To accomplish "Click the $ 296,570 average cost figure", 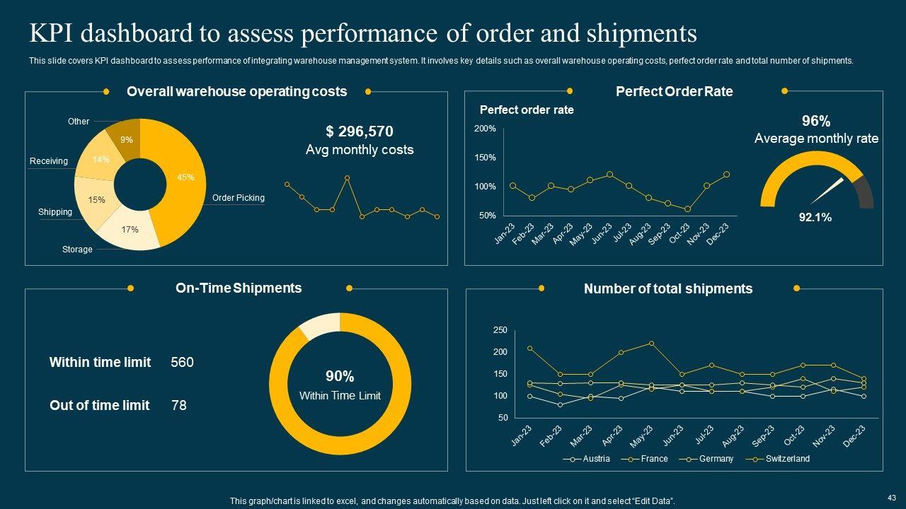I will (359, 131).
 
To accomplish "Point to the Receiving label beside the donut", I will (49, 161).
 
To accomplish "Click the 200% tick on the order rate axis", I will (485, 129).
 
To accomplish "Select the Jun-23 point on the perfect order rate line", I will (609, 174).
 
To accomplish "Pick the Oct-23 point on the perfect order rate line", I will (687, 209).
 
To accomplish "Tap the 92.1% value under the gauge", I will (815, 218).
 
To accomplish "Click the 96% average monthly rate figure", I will (815, 121).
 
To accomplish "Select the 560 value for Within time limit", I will (182, 363).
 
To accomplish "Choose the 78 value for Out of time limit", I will (179, 406).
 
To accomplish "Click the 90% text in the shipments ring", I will (340, 377).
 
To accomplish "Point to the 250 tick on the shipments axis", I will (500, 330).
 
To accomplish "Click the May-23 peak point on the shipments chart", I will (651, 344).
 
